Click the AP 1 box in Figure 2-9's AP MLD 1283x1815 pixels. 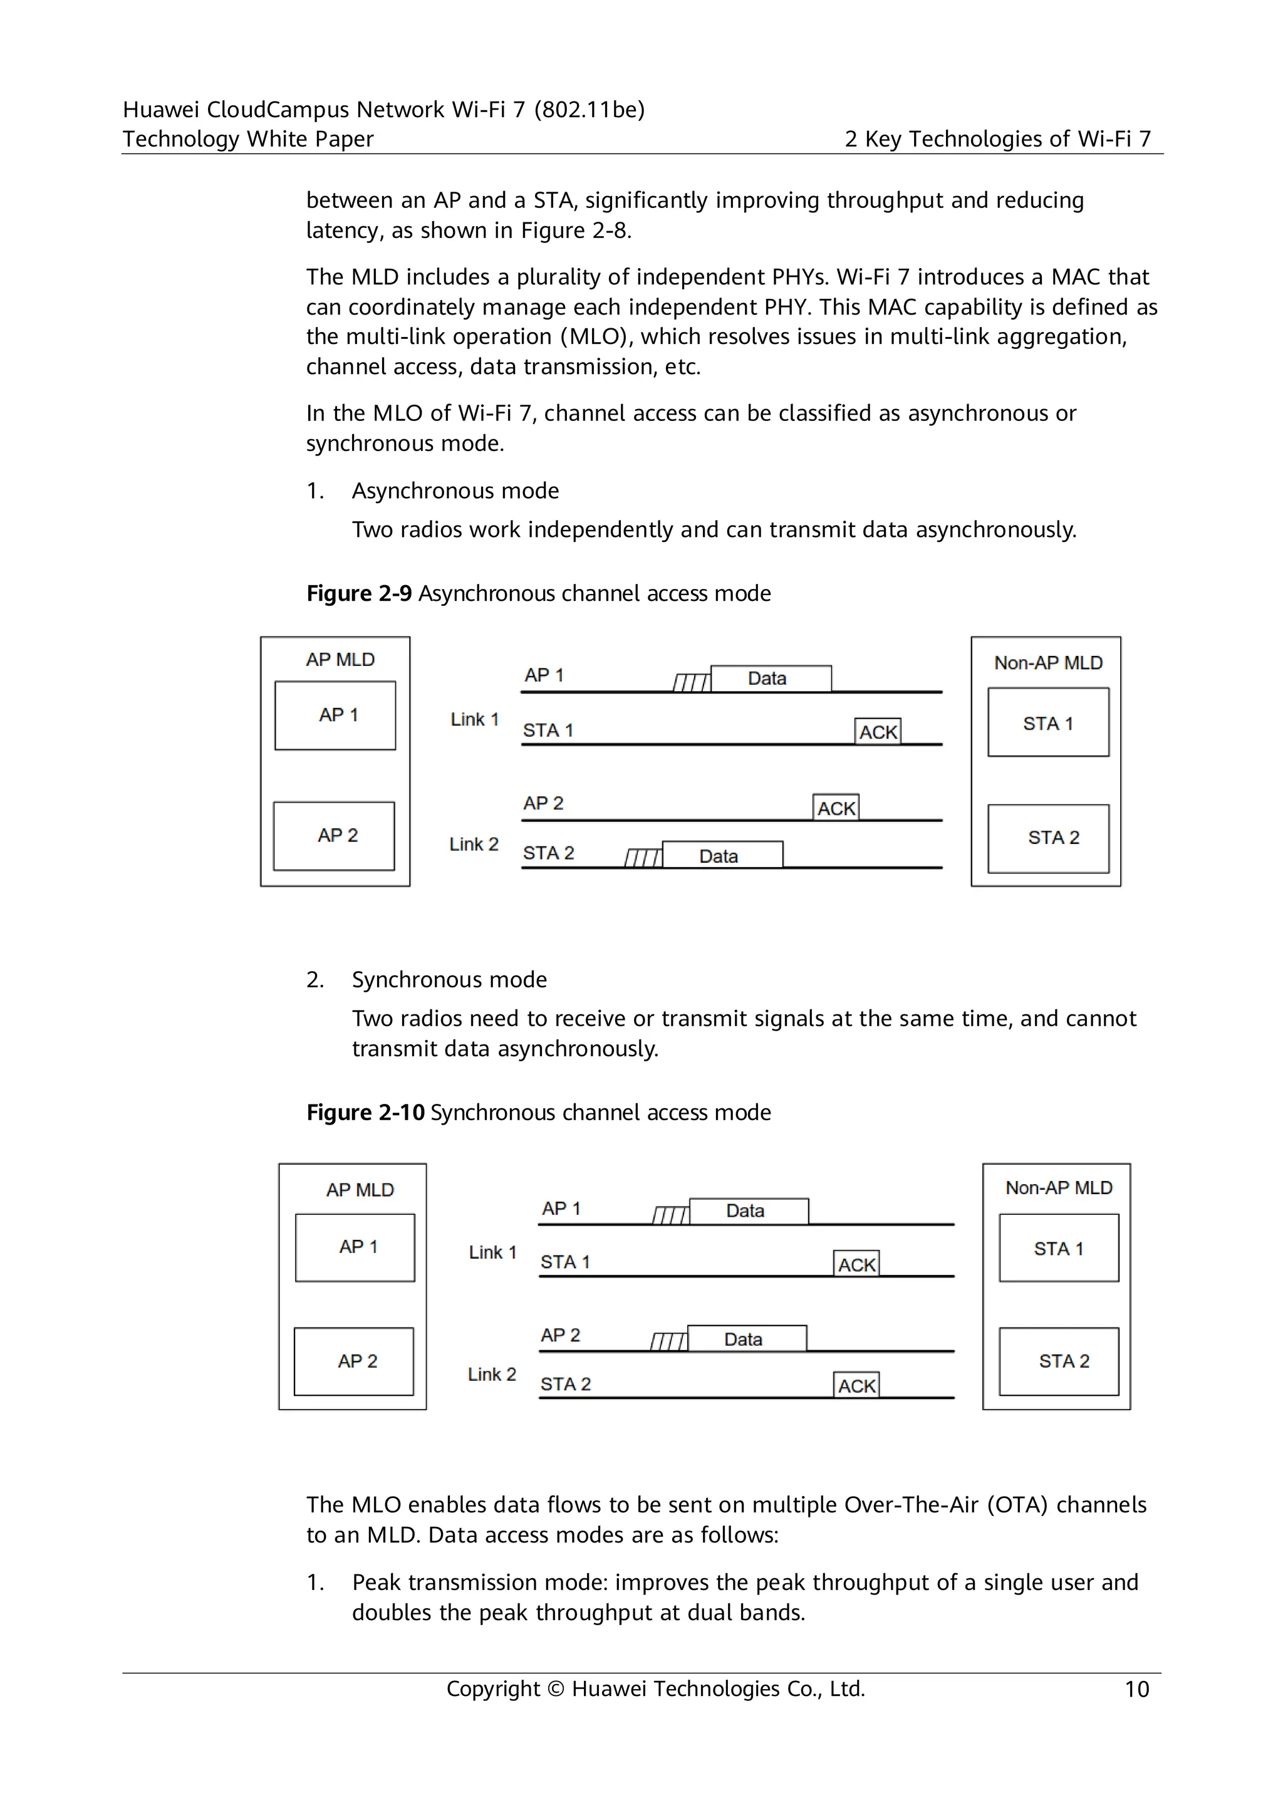click(x=335, y=715)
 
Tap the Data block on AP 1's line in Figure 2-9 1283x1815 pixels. click(x=771, y=679)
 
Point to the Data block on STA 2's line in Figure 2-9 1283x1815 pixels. click(x=722, y=855)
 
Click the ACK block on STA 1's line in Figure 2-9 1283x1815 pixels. click(x=878, y=732)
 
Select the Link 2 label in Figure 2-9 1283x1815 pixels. click(x=474, y=845)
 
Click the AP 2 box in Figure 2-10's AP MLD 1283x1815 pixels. click(x=353, y=1361)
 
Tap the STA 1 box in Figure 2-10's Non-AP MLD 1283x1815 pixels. click(x=1059, y=1248)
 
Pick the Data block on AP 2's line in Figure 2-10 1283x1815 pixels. click(x=746, y=1339)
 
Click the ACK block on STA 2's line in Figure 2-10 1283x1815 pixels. click(x=856, y=1386)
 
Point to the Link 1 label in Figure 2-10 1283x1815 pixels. click(x=492, y=1252)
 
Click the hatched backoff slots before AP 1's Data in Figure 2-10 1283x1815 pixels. click(x=671, y=1215)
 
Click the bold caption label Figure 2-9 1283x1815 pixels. click(x=359, y=594)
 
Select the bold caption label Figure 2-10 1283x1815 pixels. click(x=365, y=1112)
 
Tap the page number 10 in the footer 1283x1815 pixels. click(x=1136, y=1689)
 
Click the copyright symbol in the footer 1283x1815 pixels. click(x=556, y=1689)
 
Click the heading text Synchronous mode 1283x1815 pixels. click(x=449, y=980)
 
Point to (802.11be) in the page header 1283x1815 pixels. click(x=589, y=109)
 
